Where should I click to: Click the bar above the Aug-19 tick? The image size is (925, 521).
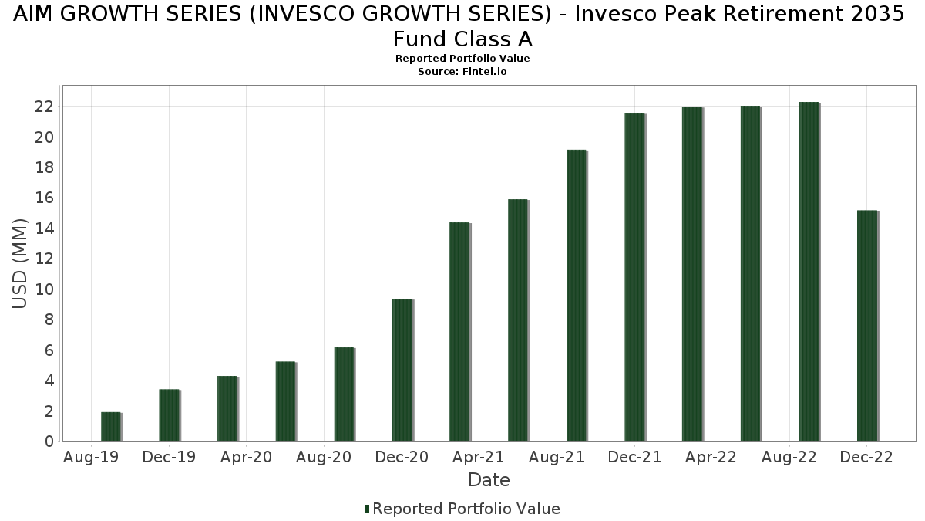pos(110,427)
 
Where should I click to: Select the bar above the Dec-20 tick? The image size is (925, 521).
pos(402,370)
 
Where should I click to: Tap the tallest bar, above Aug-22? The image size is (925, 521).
pos(809,272)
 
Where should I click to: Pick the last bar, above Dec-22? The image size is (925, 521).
pos(866,326)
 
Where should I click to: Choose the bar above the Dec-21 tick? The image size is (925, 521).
pos(634,277)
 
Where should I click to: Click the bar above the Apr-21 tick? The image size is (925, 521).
pos(459,332)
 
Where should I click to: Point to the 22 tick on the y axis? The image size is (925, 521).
pos(44,107)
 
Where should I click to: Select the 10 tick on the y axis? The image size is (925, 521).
pos(44,289)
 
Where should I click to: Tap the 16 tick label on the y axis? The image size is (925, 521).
pos(44,198)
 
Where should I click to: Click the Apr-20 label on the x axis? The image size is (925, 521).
pos(246,458)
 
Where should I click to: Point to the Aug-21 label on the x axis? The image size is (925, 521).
pos(556,458)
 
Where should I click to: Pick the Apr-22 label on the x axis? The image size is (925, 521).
pos(711,458)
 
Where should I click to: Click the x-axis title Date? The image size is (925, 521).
pos(489,480)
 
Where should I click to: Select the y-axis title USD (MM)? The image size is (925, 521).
pos(20,263)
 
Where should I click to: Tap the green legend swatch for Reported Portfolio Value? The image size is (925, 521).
pos(367,509)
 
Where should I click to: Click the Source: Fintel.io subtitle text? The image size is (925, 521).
pos(462,71)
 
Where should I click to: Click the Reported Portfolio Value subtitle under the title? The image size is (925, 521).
pos(462,59)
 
